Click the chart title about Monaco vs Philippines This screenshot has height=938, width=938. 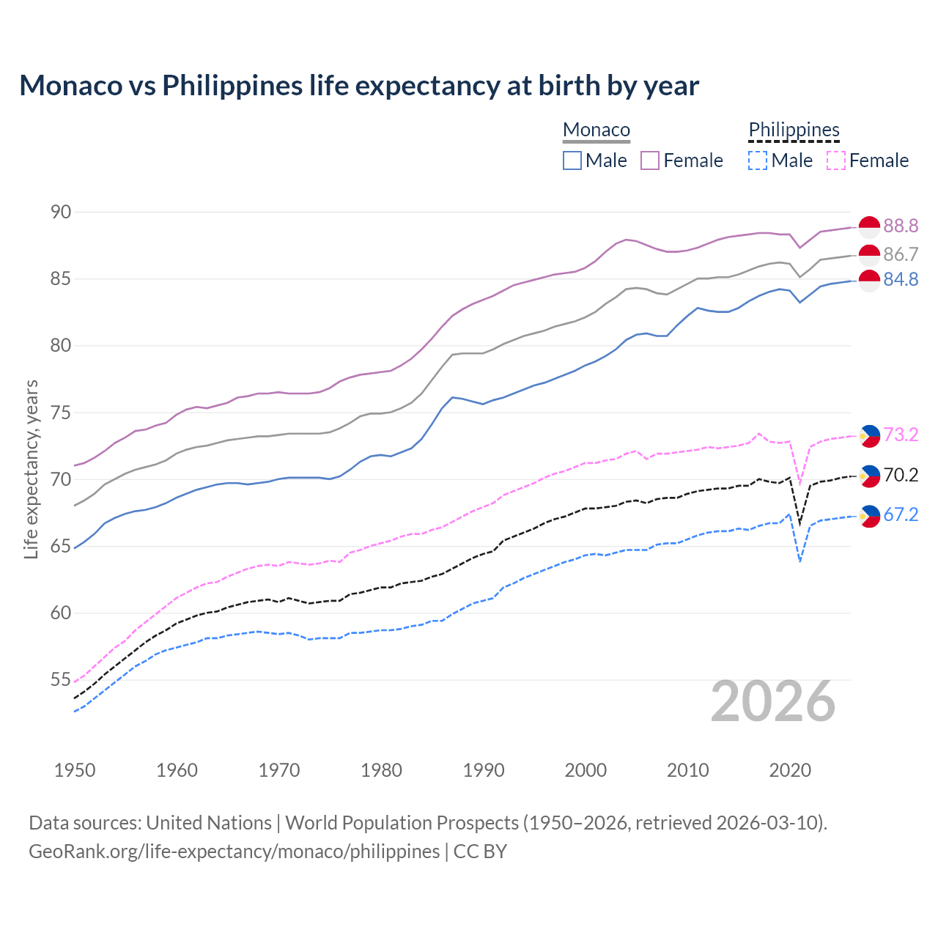point(359,86)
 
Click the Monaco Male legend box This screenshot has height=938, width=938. point(572,160)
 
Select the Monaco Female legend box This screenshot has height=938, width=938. point(650,160)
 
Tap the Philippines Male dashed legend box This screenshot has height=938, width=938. point(758,160)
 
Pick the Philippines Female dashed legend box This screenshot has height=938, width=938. point(836,160)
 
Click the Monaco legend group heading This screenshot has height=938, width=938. point(597,130)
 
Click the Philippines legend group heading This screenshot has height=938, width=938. point(794,130)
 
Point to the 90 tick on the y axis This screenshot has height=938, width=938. point(61,213)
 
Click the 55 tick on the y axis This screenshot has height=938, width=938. point(61,680)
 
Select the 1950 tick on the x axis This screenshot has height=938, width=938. point(75,770)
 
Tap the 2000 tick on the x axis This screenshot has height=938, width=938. point(586,770)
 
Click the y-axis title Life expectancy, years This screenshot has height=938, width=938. point(32,469)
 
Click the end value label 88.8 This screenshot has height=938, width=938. point(901,226)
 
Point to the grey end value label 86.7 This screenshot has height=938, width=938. point(901,254)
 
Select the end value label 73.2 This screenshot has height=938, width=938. point(901,435)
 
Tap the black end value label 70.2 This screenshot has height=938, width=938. point(901,476)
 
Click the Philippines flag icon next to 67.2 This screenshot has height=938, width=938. point(869,516)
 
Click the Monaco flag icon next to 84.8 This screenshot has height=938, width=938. point(869,280)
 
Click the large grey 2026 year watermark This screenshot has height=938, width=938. point(773,701)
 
